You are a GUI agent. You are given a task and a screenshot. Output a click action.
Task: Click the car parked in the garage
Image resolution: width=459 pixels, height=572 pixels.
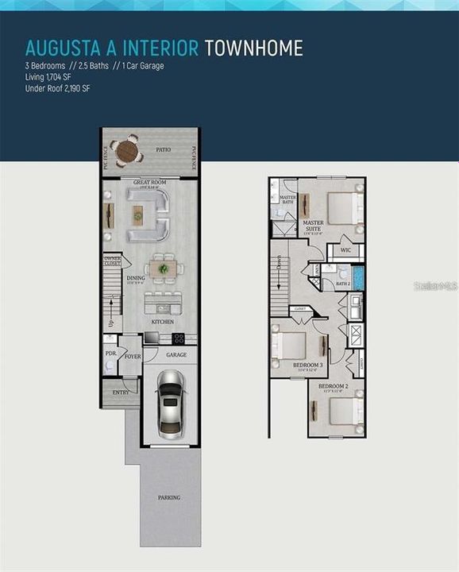170,404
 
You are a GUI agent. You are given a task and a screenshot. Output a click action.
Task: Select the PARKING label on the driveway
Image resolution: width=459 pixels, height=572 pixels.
168,497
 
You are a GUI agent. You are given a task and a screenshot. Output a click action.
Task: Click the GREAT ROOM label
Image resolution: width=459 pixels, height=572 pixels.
148,183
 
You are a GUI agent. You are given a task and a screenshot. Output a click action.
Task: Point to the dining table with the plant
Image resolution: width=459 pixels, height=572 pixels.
164,269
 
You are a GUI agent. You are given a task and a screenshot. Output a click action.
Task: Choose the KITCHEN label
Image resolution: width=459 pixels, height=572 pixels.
162,322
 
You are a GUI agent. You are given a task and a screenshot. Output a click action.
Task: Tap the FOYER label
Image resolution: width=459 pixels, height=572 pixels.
133,357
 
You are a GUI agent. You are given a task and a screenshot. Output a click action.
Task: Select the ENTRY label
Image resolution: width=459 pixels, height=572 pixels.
121,392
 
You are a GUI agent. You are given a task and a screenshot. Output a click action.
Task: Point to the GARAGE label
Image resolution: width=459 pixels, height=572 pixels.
175,354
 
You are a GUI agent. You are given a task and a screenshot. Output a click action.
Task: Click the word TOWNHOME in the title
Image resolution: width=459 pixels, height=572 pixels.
253,48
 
